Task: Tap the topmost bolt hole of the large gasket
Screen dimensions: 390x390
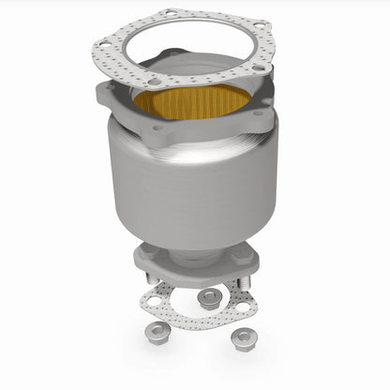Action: click(171, 14)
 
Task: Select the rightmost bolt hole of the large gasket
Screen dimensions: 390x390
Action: click(259, 68)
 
